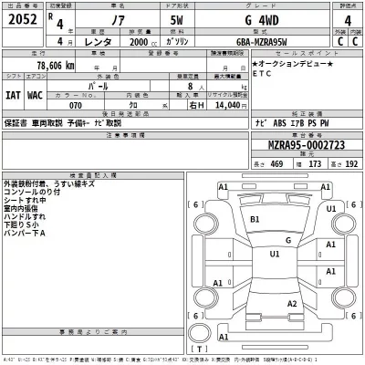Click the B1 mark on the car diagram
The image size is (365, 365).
pyautogui.click(x=255, y=219)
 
